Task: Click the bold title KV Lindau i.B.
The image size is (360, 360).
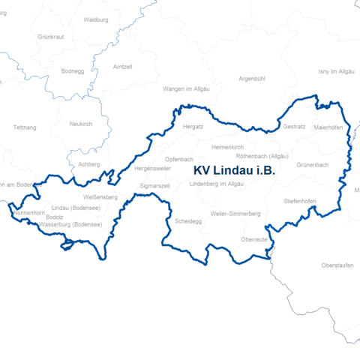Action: click(234, 171)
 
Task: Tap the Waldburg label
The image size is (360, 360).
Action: click(97, 19)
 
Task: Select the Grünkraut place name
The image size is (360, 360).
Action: click(51, 36)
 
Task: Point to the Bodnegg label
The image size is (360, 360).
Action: click(73, 71)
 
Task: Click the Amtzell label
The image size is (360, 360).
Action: click(121, 67)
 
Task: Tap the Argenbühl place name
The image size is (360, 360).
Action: click(252, 78)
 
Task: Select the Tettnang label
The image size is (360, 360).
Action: click(25, 127)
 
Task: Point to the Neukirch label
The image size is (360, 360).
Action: click(80, 124)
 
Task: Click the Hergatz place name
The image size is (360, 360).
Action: click(193, 127)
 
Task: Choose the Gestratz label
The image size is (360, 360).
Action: click(294, 127)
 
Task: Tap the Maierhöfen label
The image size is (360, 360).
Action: click(328, 127)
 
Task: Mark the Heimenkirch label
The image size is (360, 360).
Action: click(229, 147)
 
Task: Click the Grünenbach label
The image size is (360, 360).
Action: click(313, 164)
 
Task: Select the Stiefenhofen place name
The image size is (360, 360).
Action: click(299, 202)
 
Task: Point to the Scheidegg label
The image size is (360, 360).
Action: click(188, 222)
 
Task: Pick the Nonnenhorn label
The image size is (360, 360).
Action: click(29, 213)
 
